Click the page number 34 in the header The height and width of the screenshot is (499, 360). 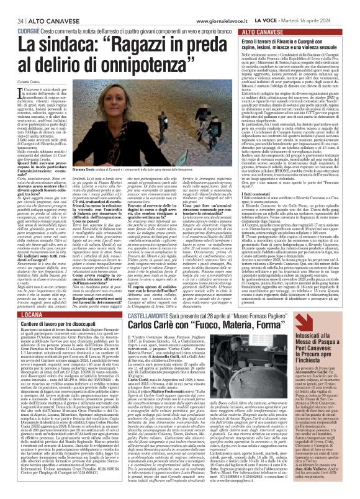pyautogui.click(x=12, y=6)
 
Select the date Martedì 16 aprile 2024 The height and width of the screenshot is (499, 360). pyautogui.click(x=326, y=6)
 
